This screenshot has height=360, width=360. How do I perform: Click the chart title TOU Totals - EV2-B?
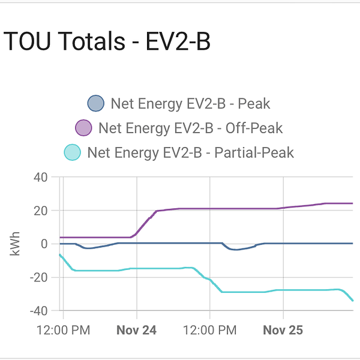pos(107,43)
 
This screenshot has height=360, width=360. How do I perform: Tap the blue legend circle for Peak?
pos(96,104)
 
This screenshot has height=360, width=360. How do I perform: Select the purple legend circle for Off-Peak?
pos(83,128)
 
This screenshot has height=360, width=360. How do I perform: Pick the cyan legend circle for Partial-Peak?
pos(72,152)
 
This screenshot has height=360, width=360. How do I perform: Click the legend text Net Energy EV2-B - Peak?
pos(190,104)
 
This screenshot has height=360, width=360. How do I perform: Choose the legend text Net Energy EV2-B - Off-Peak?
pos(190,128)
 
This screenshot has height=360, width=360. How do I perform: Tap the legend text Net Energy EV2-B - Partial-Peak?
pos(190,152)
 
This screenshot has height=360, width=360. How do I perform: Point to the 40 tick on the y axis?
pos(40,177)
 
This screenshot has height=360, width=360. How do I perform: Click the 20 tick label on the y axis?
pos(40,211)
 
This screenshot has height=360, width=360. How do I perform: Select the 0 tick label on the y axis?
pos(44,244)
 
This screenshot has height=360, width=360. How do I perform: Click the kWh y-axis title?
pos(16,244)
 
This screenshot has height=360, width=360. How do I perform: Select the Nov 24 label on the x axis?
pos(137,330)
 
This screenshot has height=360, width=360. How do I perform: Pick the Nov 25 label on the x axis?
pos(283,330)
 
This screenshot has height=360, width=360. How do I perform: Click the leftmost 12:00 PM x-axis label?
pos(64,330)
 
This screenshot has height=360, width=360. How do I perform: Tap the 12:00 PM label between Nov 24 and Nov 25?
pos(209,330)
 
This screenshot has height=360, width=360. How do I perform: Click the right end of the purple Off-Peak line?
pos(352,203)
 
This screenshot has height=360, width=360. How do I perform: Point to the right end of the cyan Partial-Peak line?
pos(353,301)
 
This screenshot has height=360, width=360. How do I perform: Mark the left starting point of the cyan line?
pos(60,255)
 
